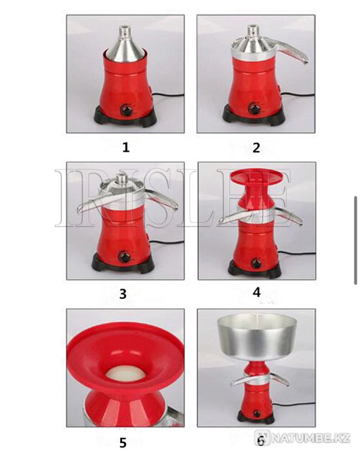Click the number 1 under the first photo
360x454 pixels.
point(125,146)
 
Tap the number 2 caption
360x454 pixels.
point(256,148)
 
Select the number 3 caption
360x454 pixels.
point(123,293)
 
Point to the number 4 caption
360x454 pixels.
point(256,293)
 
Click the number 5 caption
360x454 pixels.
point(123,442)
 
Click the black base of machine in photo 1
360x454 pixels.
point(126,119)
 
